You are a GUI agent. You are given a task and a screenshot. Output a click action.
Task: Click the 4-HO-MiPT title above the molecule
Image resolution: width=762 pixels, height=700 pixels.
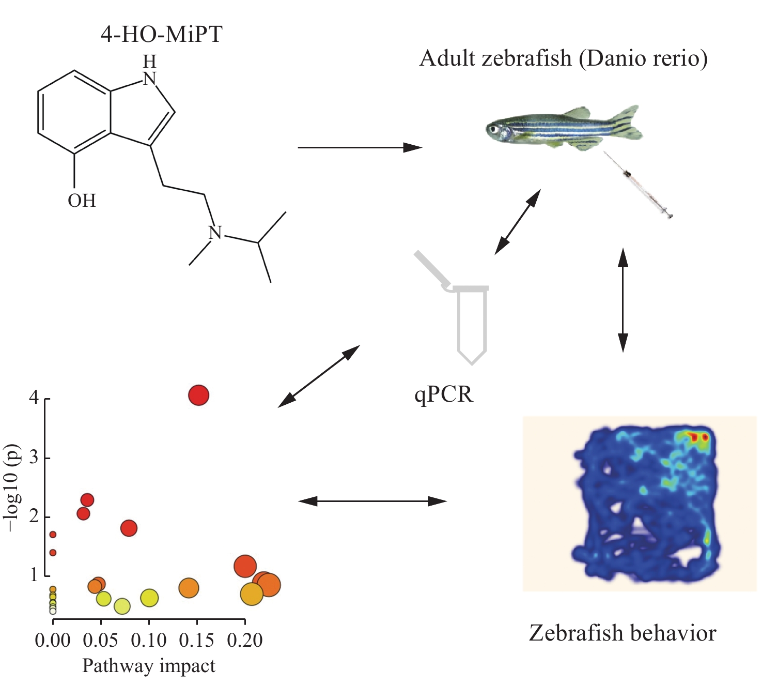point(161,34)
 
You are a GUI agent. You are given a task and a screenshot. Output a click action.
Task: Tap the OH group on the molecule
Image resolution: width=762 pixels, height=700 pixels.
point(82,201)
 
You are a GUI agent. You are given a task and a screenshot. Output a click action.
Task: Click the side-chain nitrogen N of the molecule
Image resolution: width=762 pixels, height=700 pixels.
point(215,233)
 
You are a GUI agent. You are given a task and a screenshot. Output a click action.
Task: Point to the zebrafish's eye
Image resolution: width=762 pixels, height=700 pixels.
point(493,129)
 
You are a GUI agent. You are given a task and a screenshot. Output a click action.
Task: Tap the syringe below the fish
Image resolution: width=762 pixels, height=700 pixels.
point(637,185)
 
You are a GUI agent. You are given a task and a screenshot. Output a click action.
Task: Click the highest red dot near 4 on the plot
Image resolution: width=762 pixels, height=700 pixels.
point(199,395)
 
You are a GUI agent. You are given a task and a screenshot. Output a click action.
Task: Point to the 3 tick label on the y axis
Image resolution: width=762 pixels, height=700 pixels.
point(34,457)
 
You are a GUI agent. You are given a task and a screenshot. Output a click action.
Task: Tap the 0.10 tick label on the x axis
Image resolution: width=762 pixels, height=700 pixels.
point(149,641)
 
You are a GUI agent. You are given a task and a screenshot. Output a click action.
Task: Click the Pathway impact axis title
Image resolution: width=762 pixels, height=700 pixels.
point(149,666)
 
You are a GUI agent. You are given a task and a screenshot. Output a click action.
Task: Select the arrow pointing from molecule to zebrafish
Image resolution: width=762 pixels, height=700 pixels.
point(360,147)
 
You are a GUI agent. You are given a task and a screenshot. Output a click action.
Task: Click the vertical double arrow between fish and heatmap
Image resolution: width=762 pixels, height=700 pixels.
point(623,300)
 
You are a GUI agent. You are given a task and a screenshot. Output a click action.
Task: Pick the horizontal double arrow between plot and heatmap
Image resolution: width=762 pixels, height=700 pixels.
point(372,501)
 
